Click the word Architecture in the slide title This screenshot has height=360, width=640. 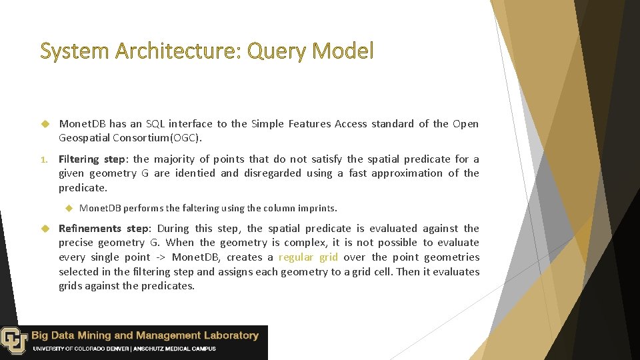[174, 51]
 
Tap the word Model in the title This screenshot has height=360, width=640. [345, 51]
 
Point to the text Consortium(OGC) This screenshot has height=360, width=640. [163, 138]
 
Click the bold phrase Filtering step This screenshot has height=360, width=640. [92, 159]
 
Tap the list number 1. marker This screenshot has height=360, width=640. [45, 159]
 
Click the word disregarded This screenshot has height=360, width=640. [275, 173]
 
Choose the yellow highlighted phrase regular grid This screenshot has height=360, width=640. [308, 257]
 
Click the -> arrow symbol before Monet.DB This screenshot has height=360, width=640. [161, 257]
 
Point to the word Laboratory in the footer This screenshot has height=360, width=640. [230, 335]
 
